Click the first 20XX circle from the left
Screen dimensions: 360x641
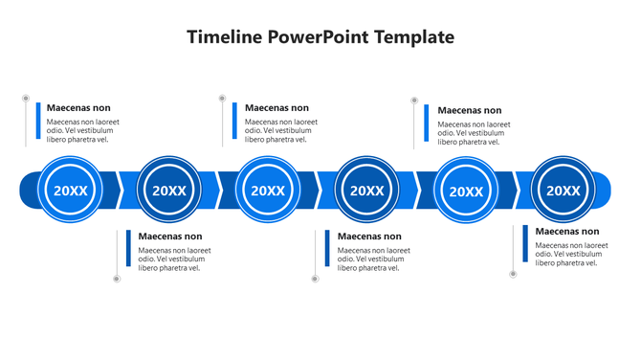coord(71,190)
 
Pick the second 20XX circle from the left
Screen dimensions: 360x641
coord(169,190)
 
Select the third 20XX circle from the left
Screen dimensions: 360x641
coord(268,190)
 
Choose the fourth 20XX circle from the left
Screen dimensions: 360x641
coord(367,190)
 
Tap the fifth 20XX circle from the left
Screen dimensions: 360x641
coord(466,190)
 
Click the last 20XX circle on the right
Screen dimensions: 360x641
coord(564,190)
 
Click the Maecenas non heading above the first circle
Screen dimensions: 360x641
coord(78,108)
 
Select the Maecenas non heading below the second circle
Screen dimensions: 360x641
coord(170,236)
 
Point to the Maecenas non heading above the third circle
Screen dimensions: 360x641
coord(277,108)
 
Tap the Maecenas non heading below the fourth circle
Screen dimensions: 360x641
coord(369,236)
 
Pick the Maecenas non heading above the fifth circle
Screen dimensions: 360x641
coord(470,111)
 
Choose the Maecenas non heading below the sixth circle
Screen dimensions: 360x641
coord(567,232)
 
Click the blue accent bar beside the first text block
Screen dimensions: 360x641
coord(38,121)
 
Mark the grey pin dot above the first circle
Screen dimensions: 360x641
coord(26,98)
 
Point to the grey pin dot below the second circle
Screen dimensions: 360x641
coord(117,279)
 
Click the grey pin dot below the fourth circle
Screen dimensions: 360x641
coord(314,279)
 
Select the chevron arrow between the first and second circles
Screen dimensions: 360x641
coord(120,190)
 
